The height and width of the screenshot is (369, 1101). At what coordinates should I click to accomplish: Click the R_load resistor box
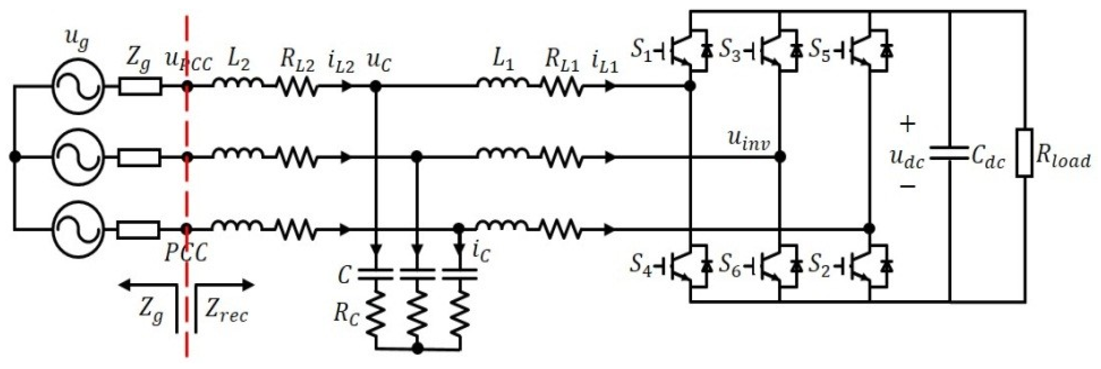pos(1024,152)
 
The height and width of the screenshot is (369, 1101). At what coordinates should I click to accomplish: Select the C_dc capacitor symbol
pos(949,153)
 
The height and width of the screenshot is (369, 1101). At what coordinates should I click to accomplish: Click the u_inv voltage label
pos(748,141)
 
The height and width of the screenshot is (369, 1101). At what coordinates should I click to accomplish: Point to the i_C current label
pos(481,252)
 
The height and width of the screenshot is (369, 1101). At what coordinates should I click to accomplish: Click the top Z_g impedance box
pos(140,86)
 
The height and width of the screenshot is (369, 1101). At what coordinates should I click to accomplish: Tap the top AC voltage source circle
pos(78,86)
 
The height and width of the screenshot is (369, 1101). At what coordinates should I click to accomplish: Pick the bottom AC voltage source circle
pos(78,229)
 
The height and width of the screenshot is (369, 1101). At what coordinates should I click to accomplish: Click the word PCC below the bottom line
pos(186,253)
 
